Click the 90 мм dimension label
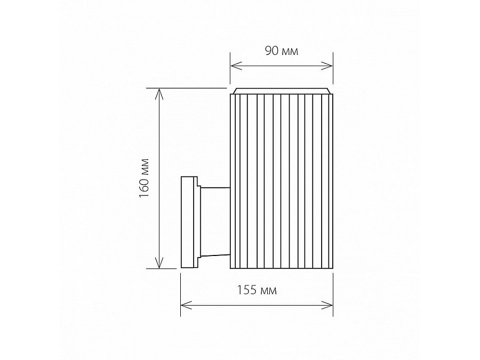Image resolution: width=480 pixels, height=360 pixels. click(x=281, y=51)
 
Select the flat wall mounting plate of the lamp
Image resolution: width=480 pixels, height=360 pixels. click(x=187, y=222)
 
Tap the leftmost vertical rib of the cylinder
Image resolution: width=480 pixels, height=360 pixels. click(x=233, y=181)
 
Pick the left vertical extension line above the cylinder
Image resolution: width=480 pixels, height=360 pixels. click(x=230, y=69)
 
